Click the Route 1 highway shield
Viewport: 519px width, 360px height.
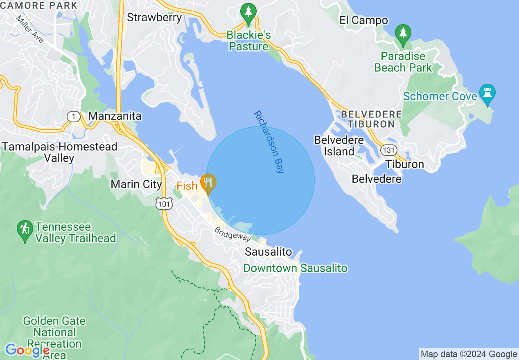click(73, 117)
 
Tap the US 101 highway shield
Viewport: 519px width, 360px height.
click(164, 203)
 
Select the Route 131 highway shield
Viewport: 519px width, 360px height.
click(388, 150)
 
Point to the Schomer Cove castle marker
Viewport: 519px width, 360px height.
click(487, 93)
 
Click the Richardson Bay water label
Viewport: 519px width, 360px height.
click(269, 142)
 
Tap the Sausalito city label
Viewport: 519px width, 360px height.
click(269, 252)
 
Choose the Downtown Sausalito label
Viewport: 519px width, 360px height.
click(295, 268)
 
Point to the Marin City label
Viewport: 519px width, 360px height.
click(136, 184)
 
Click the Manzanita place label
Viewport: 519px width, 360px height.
click(115, 116)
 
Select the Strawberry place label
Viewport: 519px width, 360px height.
click(154, 18)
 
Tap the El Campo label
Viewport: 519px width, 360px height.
click(363, 20)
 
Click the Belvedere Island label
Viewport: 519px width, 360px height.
click(339, 146)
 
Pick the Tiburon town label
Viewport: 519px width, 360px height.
click(405, 164)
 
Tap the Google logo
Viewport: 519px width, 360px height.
click(27, 350)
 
